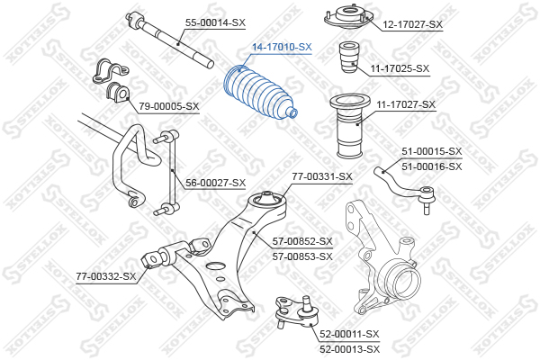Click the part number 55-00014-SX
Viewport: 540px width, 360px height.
pos(215,23)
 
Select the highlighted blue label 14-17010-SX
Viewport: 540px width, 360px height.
pos(282,47)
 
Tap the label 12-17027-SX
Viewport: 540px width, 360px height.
pos(412,24)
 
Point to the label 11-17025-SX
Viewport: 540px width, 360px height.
pos(400,69)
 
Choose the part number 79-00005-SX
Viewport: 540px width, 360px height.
pos(169,106)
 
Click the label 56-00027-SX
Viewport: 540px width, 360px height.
pos(216,183)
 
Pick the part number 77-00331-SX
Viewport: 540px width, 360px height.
pos(322,176)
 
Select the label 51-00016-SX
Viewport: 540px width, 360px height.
pos(432,166)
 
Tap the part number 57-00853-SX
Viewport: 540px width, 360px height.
pos(302,256)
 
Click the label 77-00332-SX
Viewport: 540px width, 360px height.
pos(106,276)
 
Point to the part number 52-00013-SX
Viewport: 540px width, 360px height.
pos(349,349)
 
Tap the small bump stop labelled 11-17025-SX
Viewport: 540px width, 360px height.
pos(349,58)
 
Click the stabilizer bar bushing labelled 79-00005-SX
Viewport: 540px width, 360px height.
pos(117,93)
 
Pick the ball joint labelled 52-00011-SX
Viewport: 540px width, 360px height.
pos(296,311)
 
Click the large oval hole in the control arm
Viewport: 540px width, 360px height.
pos(216,265)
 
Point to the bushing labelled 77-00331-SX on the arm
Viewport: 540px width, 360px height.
pos(267,200)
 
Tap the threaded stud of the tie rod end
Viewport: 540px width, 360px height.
pos(427,208)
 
